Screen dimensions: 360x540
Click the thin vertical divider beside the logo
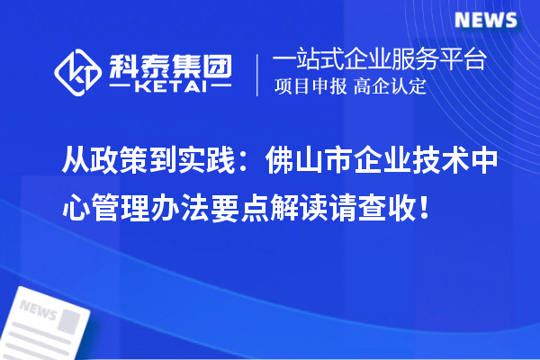pos(258,74)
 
